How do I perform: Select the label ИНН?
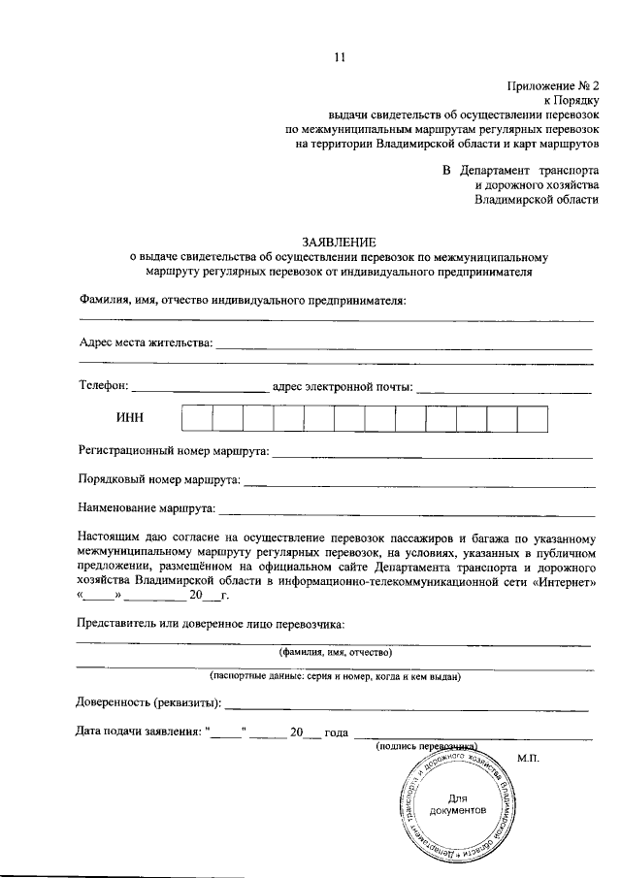pyautogui.click(x=129, y=418)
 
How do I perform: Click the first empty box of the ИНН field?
pyautogui.click(x=197, y=418)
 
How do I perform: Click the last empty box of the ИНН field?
pyautogui.click(x=533, y=418)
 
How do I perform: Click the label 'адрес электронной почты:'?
pyautogui.click(x=343, y=386)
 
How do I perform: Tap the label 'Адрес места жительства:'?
pyautogui.click(x=145, y=342)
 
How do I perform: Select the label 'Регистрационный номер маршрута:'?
pyautogui.click(x=174, y=450)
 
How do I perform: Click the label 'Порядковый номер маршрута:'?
pyautogui.click(x=158, y=479)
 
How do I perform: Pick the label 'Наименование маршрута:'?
pyautogui.click(x=147, y=507)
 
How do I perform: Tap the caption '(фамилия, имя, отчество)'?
pyautogui.click(x=335, y=653)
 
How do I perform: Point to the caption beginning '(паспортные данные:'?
pyautogui.click(x=335, y=676)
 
